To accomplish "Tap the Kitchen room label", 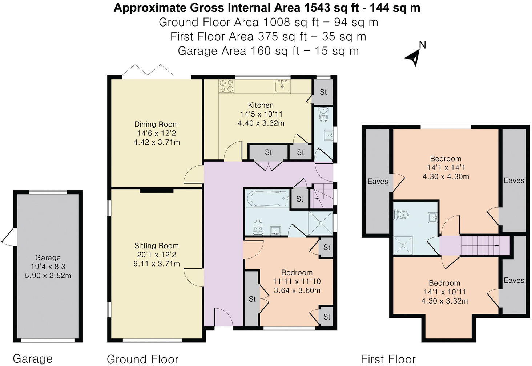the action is (261, 105).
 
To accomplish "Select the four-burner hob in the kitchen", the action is (226, 86).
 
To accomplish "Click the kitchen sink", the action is (282, 86).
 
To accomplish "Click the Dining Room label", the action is (156, 124).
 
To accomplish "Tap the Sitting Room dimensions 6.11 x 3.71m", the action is (157, 264).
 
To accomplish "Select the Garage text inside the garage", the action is (48, 258).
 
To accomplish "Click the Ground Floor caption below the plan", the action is (142, 359).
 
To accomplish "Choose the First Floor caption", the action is (388, 359).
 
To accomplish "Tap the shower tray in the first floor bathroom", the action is (403, 245).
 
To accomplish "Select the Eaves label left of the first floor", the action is (378, 181).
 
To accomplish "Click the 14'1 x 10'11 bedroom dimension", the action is (444, 292).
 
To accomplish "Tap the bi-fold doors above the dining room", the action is (148, 70).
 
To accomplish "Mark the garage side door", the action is (8, 236).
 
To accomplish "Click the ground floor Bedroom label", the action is (297, 272).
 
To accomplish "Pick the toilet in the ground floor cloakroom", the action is (323, 115).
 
